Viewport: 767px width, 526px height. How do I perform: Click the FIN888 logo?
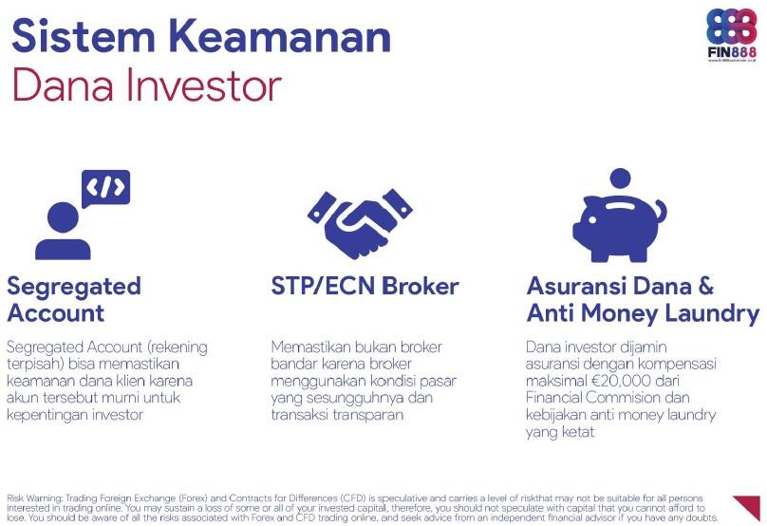[733, 34]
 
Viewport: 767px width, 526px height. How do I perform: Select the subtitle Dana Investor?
[146, 85]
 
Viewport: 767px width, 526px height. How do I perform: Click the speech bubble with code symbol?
[105, 188]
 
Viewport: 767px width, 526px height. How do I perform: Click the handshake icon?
[360, 224]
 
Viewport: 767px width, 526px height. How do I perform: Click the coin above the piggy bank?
[620, 178]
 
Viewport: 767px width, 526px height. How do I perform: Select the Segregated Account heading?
[74, 299]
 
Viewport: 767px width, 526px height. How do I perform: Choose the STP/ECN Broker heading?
[365, 286]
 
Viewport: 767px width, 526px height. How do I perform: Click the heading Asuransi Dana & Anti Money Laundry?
[643, 299]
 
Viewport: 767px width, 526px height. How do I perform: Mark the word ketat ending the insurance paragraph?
[578, 432]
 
